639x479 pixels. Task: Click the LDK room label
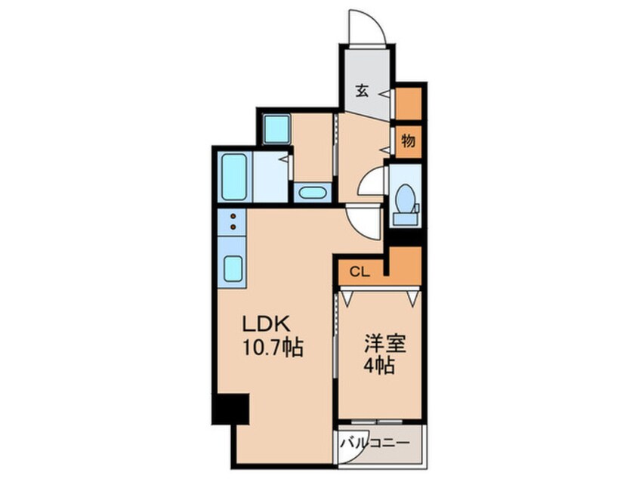pos(266,324)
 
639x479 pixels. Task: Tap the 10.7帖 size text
pos(273,348)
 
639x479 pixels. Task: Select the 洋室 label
pos(385,344)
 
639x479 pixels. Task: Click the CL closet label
pos(360,272)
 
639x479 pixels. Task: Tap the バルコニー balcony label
pos(375,443)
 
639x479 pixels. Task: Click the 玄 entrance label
pos(363,91)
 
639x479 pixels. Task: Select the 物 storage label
pos(408,141)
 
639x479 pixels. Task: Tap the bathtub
pos(233,177)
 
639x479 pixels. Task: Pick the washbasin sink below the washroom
pos(313,193)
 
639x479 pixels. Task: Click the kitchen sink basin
pos(233,268)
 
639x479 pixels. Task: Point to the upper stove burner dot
pos(233,216)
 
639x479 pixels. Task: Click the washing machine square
pos(276,129)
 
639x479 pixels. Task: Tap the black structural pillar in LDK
pos(230,409)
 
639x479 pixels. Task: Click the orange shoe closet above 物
pos(409,104)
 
